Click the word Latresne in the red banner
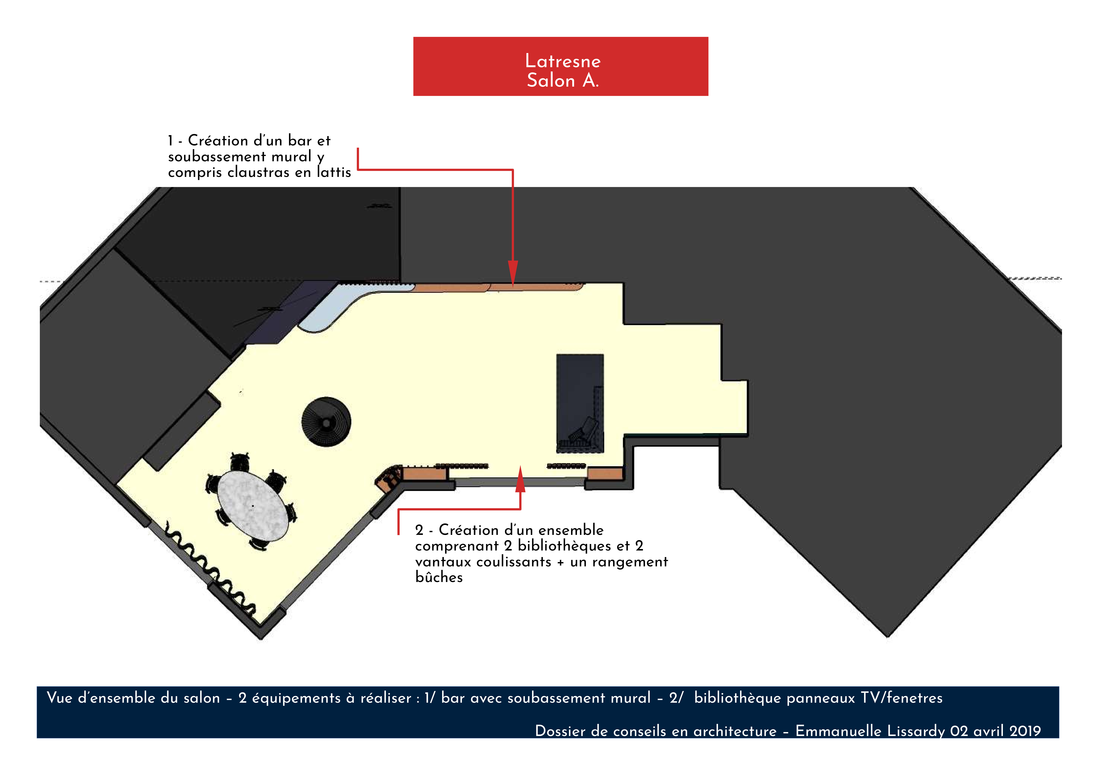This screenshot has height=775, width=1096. (563, 61)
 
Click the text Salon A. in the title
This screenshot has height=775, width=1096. (563, 80)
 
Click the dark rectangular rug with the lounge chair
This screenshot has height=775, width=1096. (580, 403)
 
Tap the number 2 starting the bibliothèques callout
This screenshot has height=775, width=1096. (419, 530)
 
